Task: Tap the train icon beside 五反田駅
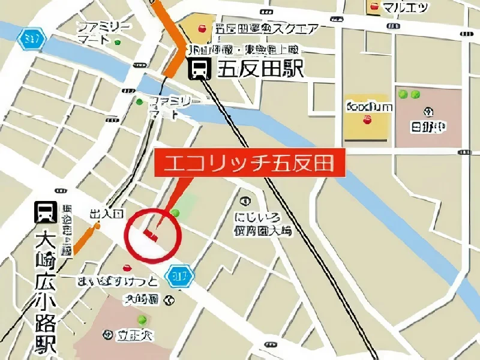200,70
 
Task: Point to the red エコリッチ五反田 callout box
250,163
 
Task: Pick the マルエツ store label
405,7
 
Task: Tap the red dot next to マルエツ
374,7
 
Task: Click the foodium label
370,107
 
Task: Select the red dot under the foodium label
368,121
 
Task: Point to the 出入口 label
106,214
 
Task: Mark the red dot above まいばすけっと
127,267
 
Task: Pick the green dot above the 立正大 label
142,319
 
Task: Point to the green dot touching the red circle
175,213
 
